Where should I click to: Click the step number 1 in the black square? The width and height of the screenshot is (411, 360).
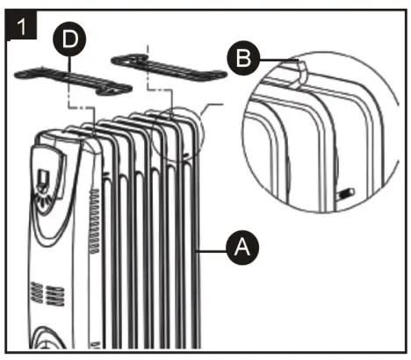(x=20, y=24)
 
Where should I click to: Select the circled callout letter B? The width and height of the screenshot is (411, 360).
(x=242, y=59)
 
